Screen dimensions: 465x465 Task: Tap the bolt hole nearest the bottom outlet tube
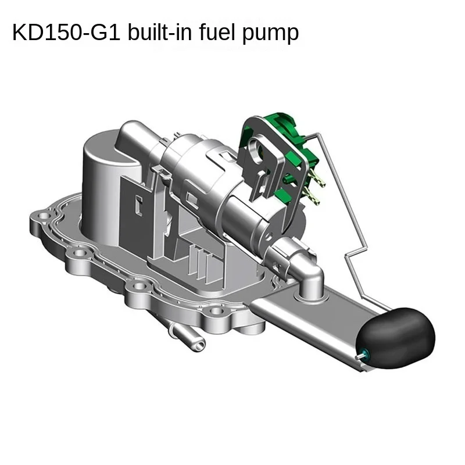click(216, 311)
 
